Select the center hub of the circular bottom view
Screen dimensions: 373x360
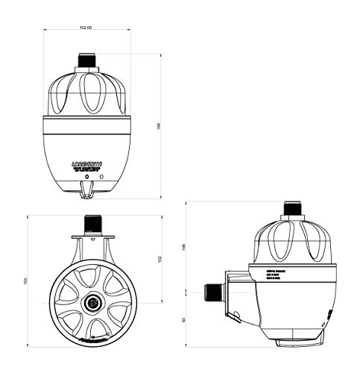(x=95, y=303)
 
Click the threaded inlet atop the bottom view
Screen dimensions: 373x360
(x=95, y=222)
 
